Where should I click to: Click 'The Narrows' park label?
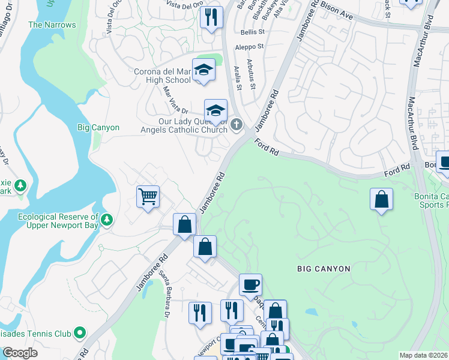point(52,25)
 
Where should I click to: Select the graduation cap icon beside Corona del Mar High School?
point(203,71)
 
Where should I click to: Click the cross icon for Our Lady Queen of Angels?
point(237,124)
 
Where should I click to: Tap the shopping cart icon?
point(148,196)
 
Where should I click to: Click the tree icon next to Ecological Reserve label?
point(107,220)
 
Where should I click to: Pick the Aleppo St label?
point(252,46)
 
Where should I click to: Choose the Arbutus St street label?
point(253,78)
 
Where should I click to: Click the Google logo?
point(20,353)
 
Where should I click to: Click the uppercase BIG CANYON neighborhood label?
point(324,269)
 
